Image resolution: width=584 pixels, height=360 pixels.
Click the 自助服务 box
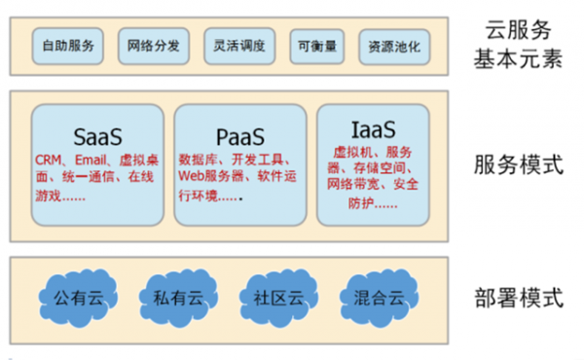[x=68, y=45]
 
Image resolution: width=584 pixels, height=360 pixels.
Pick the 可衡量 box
[x=316, y=45]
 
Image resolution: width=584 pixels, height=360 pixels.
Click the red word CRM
[x=48, y=159]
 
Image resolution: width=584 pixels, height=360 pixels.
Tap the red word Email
[x=91, y=159]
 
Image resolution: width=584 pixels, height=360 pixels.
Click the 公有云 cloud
[x=79, y=297]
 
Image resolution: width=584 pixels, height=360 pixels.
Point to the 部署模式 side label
[x=527, y=298]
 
